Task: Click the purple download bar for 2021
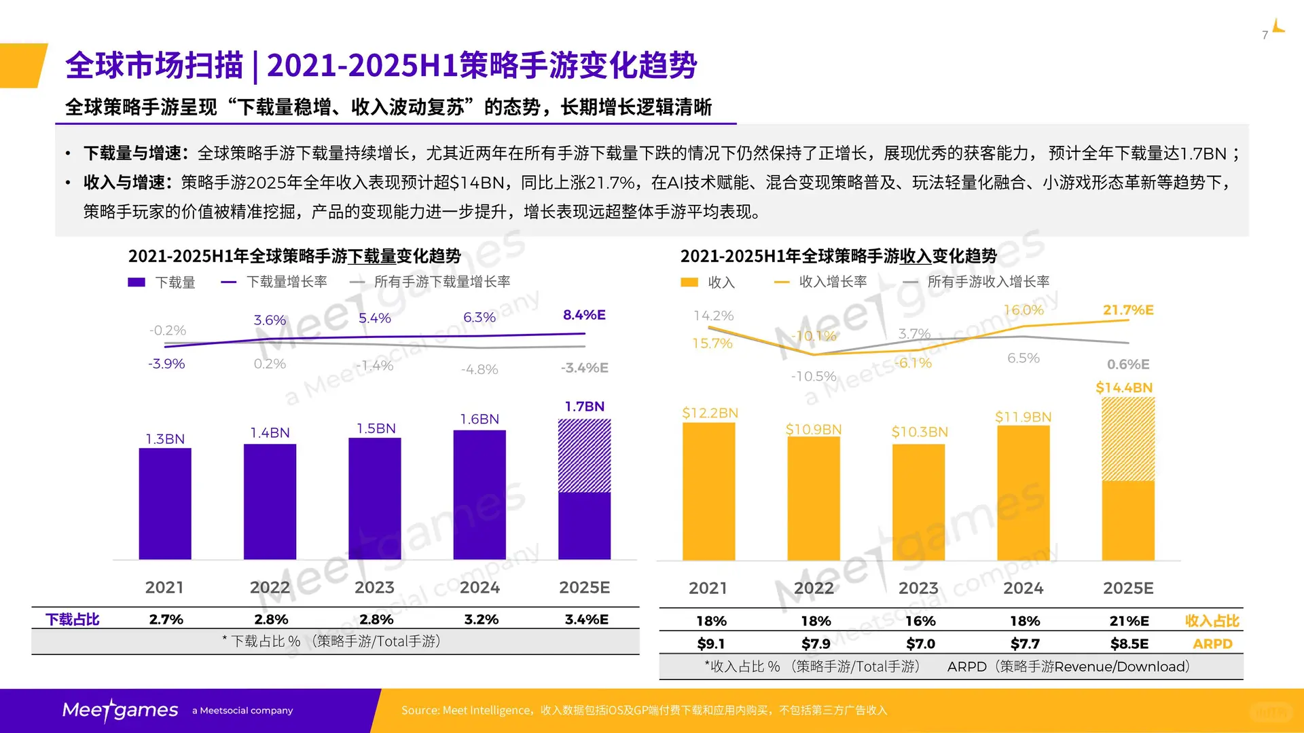coord(165,504)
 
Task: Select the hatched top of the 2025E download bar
coord(584,455)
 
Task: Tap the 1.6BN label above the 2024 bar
coord(479,419)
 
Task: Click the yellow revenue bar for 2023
coord(918,502)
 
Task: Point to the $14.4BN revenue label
coord(1124,388)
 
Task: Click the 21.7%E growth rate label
coord(1128,309)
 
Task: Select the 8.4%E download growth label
coord(584,314)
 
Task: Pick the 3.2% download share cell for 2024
coord(481,619)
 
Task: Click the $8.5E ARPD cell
coord(1129,643)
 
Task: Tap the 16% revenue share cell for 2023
coord(920,620)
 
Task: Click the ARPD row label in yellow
coord(1212,643)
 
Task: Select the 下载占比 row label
coord(72,619)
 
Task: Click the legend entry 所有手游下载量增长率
coord(441,282)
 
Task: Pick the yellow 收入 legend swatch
coord(689,282)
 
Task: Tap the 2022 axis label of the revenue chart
coord(814,588)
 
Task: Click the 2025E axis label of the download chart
coord(584,587)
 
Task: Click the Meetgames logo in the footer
coord(120,710)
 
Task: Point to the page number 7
coord(1265,35)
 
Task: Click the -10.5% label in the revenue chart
coord(813,376)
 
